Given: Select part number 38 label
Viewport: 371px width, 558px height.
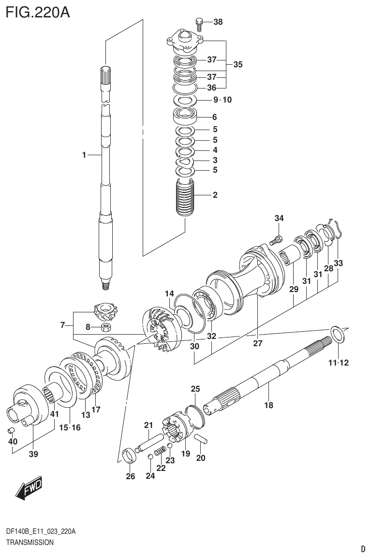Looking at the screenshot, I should tap(218, 22).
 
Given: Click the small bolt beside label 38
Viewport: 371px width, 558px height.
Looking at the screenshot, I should tap(198, 23).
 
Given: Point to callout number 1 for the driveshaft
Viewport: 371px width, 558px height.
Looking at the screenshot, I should tap(84, 155).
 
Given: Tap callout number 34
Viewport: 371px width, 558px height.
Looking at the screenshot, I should tap(279, 219).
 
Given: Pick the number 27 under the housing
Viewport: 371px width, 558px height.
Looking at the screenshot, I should tap(257, 343).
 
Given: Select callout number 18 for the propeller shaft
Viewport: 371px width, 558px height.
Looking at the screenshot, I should tap(268, 405).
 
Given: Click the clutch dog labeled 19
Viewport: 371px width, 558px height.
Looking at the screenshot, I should tap(176, 426).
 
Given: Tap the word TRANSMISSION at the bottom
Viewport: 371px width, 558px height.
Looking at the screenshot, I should tap(30, 543).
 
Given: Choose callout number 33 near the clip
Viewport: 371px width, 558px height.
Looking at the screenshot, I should tap(338, 264).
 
